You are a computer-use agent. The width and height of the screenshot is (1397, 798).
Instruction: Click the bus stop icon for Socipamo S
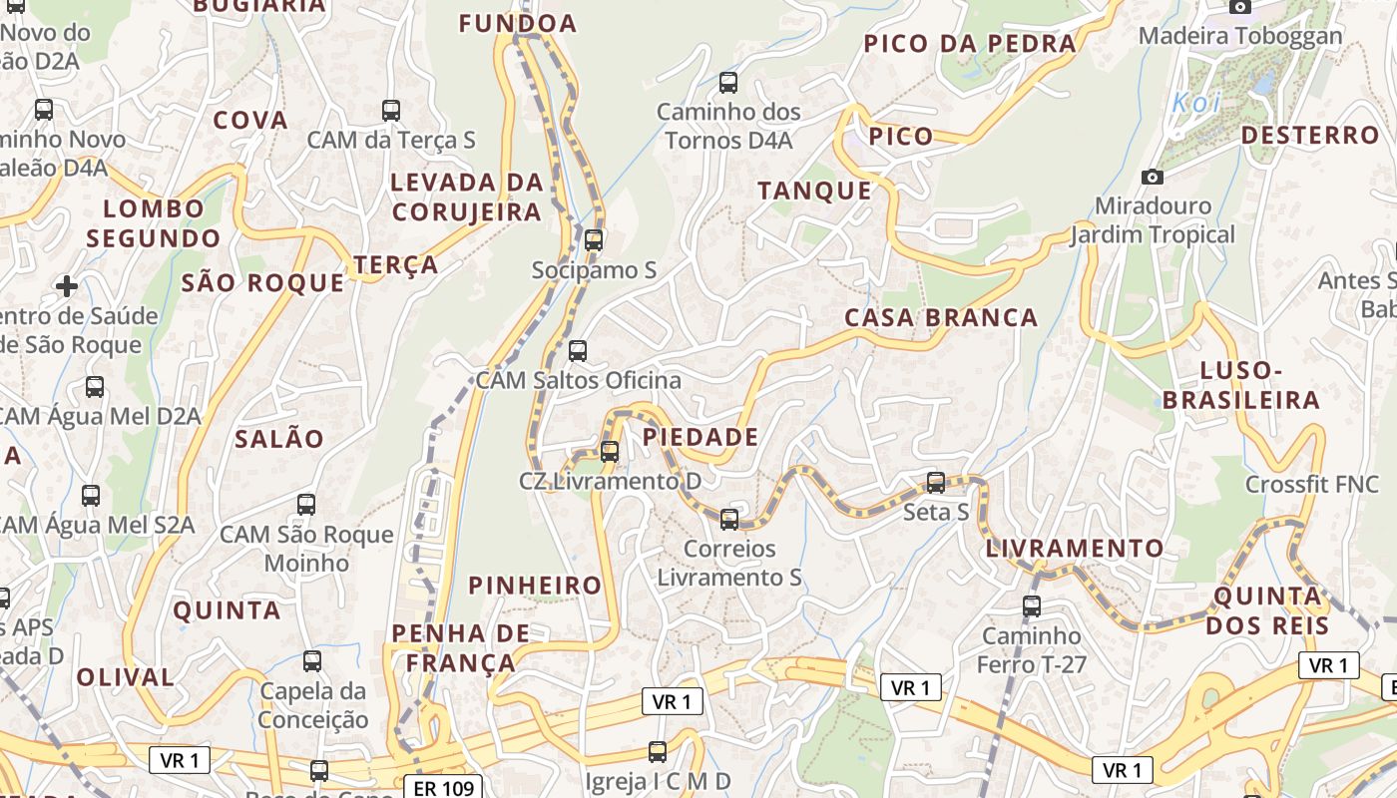click(x=594, y=239)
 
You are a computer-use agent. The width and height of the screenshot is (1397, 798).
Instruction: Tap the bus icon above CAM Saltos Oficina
click(x=578, y=350)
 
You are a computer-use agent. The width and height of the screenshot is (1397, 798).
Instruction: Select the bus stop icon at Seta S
click(x=936, y=483)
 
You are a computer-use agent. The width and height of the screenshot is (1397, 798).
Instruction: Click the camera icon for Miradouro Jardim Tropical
click(x=1153, y=177)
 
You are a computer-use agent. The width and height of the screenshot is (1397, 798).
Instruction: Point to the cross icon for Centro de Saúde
click(x=67, y=286)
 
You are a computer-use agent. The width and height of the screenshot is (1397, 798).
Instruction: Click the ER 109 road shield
click(x=443, y=788)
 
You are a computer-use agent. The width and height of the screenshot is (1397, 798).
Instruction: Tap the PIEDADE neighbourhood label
click(x=700, y=437)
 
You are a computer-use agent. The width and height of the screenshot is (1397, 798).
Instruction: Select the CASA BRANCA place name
click(x=941, y=317)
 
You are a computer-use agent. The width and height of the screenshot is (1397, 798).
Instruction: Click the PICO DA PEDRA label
click(x=970, y=43)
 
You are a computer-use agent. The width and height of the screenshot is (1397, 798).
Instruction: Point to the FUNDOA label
click(x=518, y=23)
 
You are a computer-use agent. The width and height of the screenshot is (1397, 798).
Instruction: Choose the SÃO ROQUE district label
click(x=262, y=282)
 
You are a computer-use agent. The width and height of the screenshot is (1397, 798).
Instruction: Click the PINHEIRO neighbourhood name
click(x=536, y=585)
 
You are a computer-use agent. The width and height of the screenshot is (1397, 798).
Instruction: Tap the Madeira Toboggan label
click(x=1240, y=36)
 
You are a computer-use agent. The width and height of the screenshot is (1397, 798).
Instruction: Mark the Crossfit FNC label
click(x=1311, y=485)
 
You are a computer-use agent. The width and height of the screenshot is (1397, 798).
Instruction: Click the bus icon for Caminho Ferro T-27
click(x=1032, y=605)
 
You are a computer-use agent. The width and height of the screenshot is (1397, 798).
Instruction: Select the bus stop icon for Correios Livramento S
click(x=729, y=519)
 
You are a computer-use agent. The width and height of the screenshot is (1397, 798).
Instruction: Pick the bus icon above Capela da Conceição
click(x=312, y=660)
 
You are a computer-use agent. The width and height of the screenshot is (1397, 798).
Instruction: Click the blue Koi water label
click(x=1195, y=103)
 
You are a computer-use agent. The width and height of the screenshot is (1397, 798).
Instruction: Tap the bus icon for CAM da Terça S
click(x=391, y=110)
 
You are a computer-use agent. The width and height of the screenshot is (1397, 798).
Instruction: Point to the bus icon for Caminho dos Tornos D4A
click(x=728, y=82)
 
